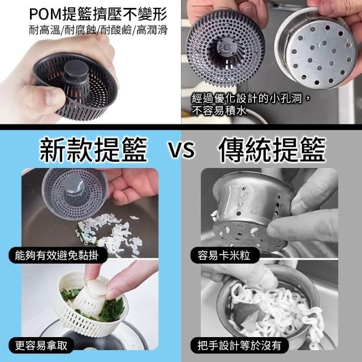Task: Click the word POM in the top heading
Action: click(45, 15)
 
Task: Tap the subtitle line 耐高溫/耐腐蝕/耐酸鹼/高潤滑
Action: click(98, 30)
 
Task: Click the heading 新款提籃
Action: click(93, 149)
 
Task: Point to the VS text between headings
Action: click(181, 150)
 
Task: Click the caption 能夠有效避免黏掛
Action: click(57, 256)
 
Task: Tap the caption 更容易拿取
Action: click(41, 346)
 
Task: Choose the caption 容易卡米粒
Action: click(224, 256)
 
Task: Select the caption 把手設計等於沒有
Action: click(239, 346)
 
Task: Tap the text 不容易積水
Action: click(219, 111)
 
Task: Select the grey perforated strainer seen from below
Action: click(225, 48)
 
